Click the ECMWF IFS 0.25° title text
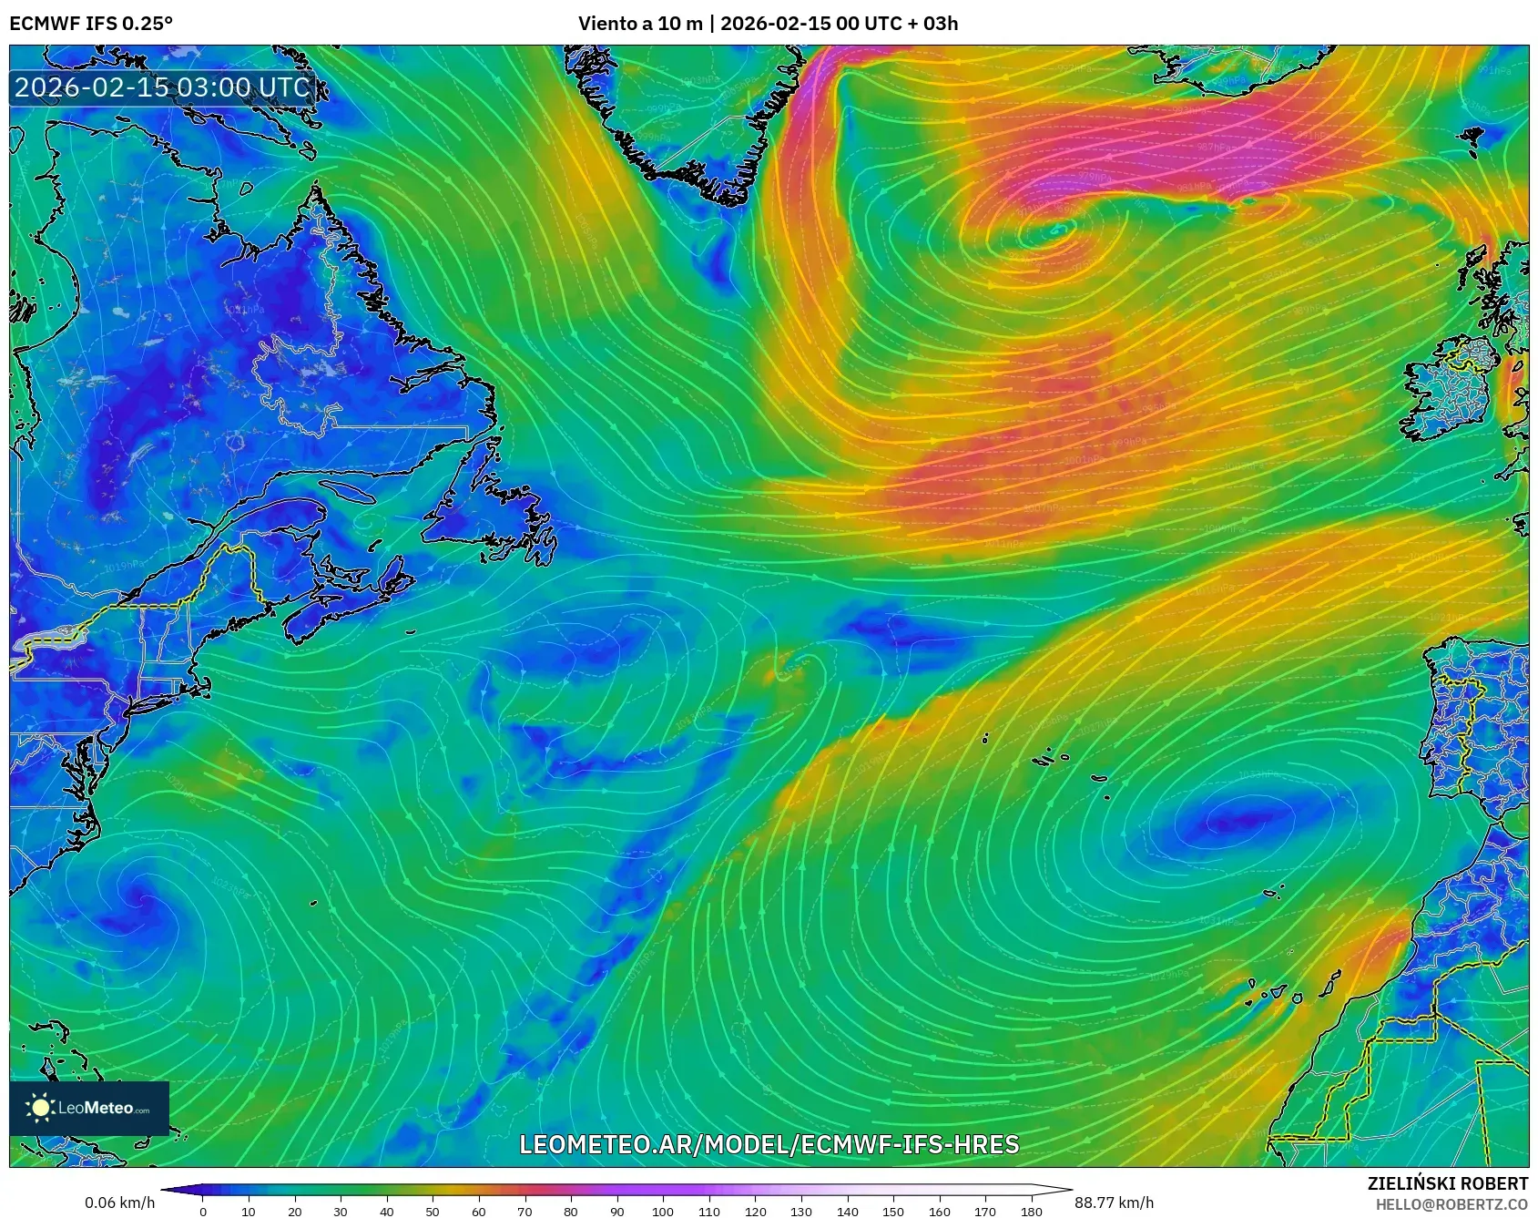click(91, 23)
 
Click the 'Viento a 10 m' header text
click(640, 23)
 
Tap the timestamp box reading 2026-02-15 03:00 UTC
click(162, 87)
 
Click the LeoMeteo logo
click(89, 1108)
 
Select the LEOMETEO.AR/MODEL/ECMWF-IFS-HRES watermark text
click(769, 1144)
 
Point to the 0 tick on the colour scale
click(203, 1211)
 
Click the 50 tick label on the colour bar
click(433, 1211)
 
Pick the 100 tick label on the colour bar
click(663, 1211)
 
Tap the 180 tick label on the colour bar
click(1031, 1211)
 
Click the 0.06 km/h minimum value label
click(120, 1203)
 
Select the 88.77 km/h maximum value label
click(1114, 1203)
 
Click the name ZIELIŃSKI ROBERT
click(1447, 1183)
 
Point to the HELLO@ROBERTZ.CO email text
click(1451, 1204)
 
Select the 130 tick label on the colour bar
click(801, 1211)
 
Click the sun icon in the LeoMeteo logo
click(40, 1108)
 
